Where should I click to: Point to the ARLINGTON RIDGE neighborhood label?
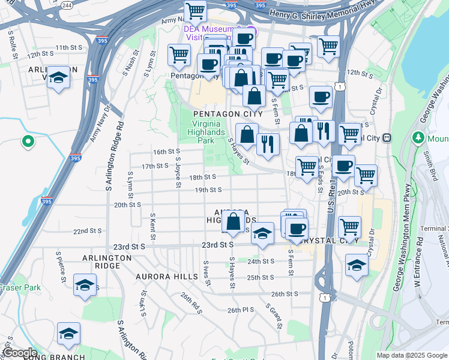click(x=107, y=262)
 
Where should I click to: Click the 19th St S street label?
click(x=208, y=190)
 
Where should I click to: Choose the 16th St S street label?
click(x=166, y=152)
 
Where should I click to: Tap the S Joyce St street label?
click(x=178, y=172)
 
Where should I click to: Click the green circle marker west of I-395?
click(x=27, y=142)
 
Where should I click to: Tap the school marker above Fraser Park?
click(x=85, y=285)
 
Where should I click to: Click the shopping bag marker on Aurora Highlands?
click(x=234, y=221)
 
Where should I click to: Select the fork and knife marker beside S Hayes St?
click(x=268, y=144)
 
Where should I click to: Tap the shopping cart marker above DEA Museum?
click(x=195, y=11)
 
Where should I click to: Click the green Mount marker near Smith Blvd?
click(x=419, y=138)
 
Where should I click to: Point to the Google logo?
click(x=20, y=353)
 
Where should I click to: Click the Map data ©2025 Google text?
click(x=411, y=355)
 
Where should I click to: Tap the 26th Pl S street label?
click(x=241, y=310)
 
